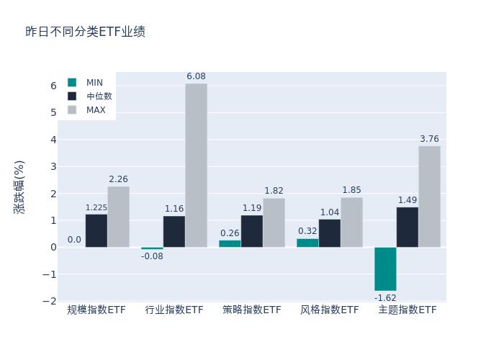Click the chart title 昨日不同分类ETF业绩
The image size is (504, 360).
pyautogui.click(x=85, y=32)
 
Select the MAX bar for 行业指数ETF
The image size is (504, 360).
pyautogui.click(x=196, y=166)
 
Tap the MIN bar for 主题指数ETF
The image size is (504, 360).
pyautogui.click(x=385, y=269)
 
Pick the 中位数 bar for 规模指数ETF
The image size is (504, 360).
pyautogui.click(x=96, y=230)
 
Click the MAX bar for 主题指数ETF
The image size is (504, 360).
pyautogui.click(x=429, y=197)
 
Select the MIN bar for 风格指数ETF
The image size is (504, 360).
pyautogui.click(x=307, y=243)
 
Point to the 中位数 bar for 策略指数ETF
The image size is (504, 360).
pyautogui.click(x=252, y=231)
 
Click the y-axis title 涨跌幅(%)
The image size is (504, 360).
pyautogui.click(x=19, y=187)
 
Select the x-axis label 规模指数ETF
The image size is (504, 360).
pyautogui.click(x=96, y=310)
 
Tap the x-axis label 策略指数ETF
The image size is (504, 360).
pyautogui.click(x=252, y=310)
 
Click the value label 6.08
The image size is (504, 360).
pyautogui.click(x=196, y=76)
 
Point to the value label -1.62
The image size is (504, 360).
pyautogui.click(x=385, y=297)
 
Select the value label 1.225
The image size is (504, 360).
pyautogui.click(x=96, y=208)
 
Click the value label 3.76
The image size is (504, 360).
pyautogui.click(x=429, y=139)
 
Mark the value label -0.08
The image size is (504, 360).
pyautogui.click(x=152, y=256)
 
